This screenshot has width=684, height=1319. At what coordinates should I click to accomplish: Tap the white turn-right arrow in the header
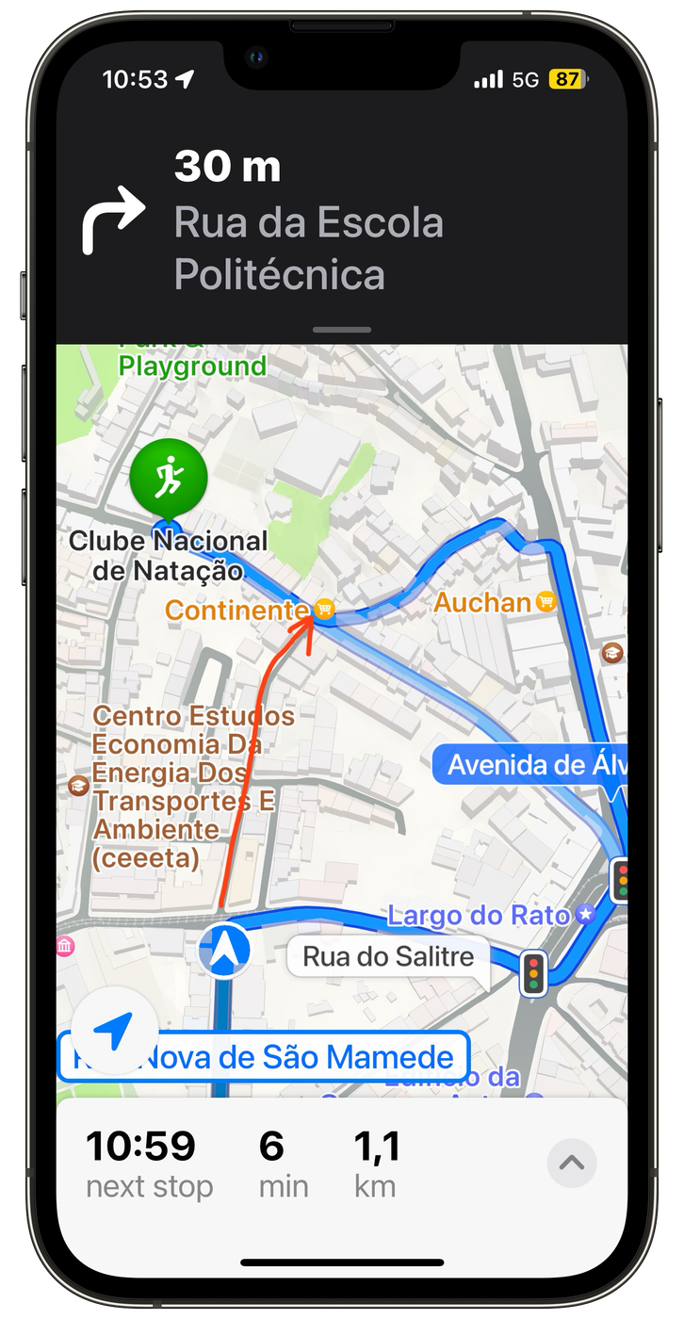click(113, 219)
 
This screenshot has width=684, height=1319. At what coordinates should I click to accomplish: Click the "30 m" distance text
click(227, 168)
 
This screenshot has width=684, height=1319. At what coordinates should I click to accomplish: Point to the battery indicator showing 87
click(567, 80)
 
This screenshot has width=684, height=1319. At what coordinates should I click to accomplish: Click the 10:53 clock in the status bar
click(135, 79)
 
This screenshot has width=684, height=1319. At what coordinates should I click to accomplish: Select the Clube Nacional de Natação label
click(169, 556)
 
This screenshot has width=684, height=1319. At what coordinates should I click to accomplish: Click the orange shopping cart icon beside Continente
click(324, 610)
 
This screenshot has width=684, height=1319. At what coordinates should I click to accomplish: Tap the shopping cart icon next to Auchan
click(545, 601)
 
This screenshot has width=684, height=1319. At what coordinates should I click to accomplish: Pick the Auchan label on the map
click(482, 602)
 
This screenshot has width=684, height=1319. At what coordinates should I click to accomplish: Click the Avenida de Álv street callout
click(530, 764)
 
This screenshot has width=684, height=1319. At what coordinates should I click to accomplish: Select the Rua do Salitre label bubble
click(387, 957)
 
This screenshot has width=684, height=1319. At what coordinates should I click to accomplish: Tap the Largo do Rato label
click(479, 915)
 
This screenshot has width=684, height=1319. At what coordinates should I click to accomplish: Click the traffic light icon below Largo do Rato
click(533, 972)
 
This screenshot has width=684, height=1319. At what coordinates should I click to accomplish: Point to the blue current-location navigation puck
click(224, 950)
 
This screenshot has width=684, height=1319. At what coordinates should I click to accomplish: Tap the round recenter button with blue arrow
click(113, 1032)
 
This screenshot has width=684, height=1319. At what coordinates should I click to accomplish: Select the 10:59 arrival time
click(140, 1146)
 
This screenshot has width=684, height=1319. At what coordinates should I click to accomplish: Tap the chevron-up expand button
click(571, 1163)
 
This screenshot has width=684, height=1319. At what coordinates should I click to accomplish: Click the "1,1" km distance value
click(377, 1146)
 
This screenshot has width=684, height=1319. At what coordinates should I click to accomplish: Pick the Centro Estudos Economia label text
click(193, 730)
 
